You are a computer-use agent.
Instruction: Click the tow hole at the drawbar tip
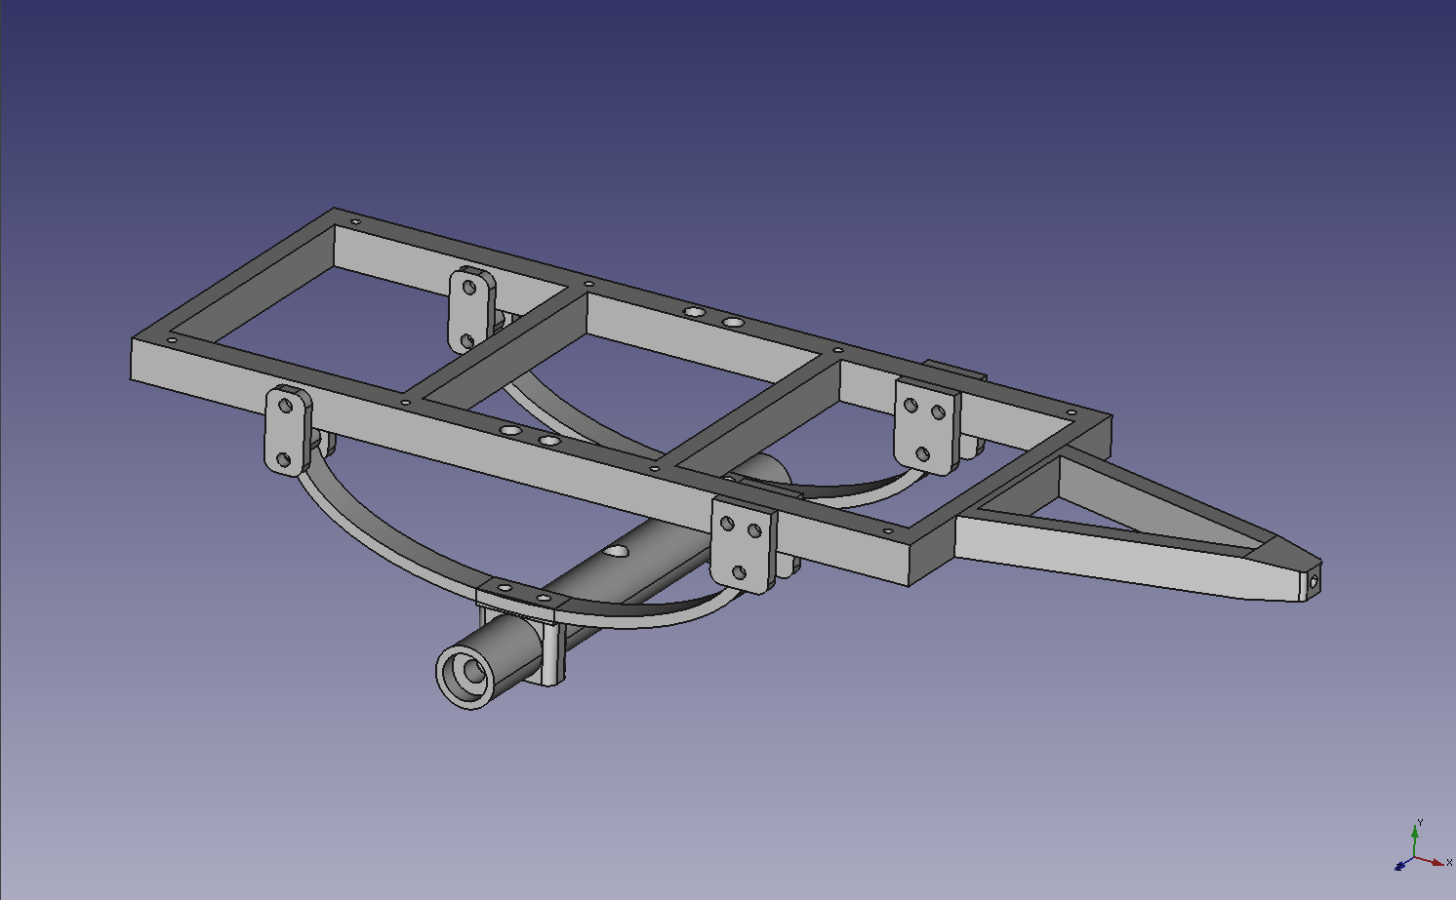pos(1314,583)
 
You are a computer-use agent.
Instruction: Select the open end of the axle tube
pos(465,673)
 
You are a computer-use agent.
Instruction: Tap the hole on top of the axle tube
pos(616,552)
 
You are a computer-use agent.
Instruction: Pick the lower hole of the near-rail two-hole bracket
pos(283,458)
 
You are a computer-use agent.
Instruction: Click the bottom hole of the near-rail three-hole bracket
pos(740,573)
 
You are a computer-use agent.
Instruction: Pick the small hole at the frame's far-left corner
pos(356,222)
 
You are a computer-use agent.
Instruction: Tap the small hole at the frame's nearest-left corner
pos(173,340)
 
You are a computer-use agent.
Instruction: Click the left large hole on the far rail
pos(695,311)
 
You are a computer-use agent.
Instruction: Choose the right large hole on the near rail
pos(549,442)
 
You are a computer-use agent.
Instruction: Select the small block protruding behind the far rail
pos(956,372)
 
